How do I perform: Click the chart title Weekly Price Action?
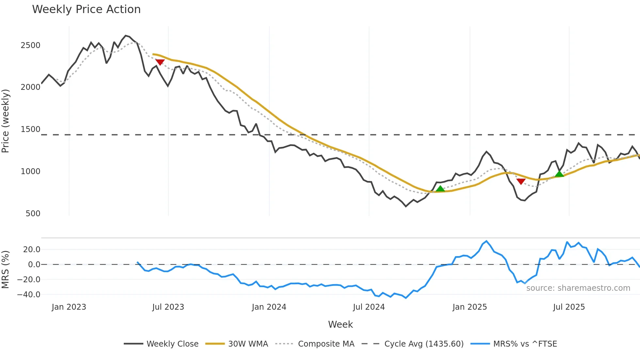tap(86, 9)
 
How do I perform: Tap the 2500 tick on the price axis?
tap(30, 45)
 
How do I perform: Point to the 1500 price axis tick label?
tap(30, 129)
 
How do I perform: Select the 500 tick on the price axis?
tap(33, 214)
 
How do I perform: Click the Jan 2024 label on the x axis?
tap(269, 307)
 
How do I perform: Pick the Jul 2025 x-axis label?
tap(569, 307)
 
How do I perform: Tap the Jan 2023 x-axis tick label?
tap(69, 307)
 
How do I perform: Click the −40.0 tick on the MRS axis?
tap(29, 294)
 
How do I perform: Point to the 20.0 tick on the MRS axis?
tap(32, 250)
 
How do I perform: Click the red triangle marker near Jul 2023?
tap(160, 62)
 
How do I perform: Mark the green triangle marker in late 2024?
tap(440, 189)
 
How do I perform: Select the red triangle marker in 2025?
tap(521, 181)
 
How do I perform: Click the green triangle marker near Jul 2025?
tap(559, 174)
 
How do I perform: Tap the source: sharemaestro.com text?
tap(578, 288)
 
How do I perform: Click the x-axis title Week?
tap(340, 324)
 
